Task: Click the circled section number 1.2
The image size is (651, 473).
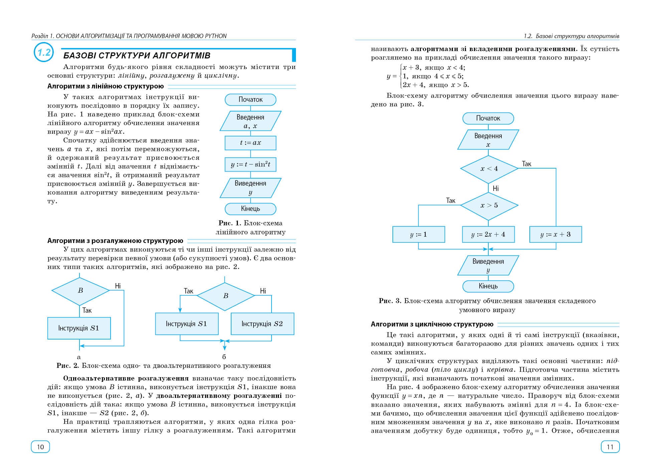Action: coord(44,53)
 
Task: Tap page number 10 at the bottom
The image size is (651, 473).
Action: coord(40,447)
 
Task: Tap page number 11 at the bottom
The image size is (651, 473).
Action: coord(610,447)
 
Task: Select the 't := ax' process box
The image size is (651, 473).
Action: coord(251,143)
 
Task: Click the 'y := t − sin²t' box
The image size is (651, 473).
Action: coord(251,164)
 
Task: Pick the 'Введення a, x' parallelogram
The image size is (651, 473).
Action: coord(251,121)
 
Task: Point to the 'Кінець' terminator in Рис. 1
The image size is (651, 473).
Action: coord(251,209)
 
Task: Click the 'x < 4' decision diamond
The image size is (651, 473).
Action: coord(489,169)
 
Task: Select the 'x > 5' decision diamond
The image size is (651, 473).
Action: coord(489,205)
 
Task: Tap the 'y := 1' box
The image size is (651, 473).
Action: coord(419,234)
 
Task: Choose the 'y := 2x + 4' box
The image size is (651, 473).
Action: coord(488,234)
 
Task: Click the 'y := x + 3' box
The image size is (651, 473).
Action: coord(555,234)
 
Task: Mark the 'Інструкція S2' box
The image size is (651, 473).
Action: coord(262,324)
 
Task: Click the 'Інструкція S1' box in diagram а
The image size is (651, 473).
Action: coord(79,328)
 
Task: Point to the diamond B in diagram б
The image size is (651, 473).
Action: coord(226,296)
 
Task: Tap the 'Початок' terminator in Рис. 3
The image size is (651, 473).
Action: coord(488,118)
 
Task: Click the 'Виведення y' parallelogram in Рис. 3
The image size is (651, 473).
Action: coord(488,265)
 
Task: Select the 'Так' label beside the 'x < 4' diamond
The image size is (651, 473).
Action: coord(526,164)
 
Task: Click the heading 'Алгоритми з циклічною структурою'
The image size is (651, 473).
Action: coord(432,324)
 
